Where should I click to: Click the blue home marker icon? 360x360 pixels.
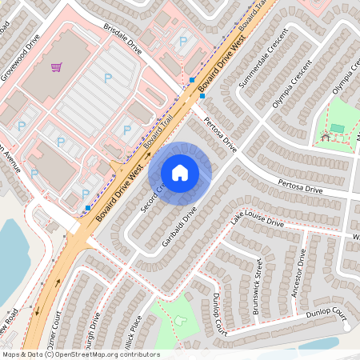pos(180,172)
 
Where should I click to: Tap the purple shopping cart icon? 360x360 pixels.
pos(56,67)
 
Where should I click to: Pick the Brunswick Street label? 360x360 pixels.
pos(259,275)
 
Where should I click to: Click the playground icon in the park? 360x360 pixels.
pos(325,137)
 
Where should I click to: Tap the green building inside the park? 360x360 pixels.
pos(337,128)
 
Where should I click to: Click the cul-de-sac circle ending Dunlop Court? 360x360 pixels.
pos(346,326)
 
